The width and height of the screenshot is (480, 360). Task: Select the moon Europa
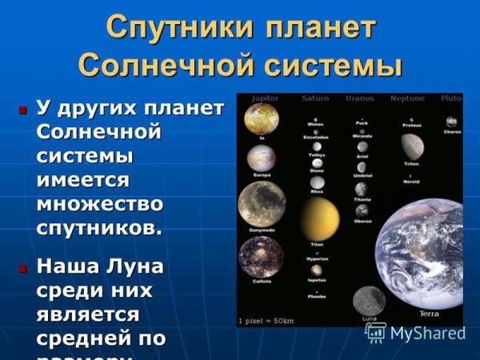click(261, 158)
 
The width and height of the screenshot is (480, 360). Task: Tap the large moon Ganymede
click(262, 203)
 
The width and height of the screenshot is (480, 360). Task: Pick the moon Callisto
click(261, 258)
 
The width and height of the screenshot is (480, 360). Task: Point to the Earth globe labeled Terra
click(424, 256)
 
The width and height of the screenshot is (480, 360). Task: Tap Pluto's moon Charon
click(451, 122)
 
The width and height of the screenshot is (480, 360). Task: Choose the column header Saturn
click(315, 98)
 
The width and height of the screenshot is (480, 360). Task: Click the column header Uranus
click(359, 98)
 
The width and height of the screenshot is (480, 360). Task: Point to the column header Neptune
click(406, 98)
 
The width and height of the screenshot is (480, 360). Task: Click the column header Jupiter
click(265, 98)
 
